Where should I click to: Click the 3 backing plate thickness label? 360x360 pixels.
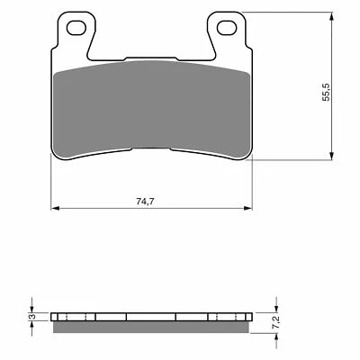click(30, 317)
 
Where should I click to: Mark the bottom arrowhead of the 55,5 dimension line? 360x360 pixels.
click(337, 150)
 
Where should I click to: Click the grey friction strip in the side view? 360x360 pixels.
click(149, 326)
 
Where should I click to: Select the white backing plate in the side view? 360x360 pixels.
click(149, 317)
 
